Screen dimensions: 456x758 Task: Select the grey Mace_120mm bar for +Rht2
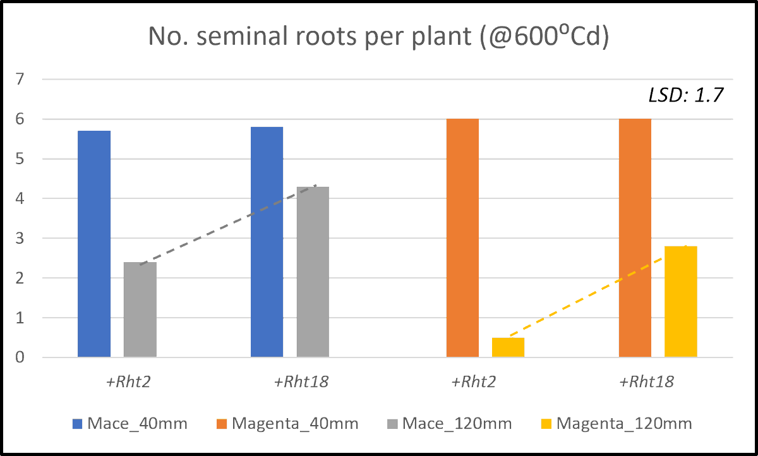click(x=140, y=309)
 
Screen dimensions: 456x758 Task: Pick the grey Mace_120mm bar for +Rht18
click(x=313, y=272)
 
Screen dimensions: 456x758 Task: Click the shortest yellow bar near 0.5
click(x=508, y=347)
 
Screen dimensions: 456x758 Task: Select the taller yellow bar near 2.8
click(x=680, y=301)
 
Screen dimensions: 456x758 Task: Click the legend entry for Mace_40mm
click(x=129, y=423)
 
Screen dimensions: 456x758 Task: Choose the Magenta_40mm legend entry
click(x=287, y=423)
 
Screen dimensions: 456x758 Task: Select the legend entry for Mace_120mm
click(x=449, y=423)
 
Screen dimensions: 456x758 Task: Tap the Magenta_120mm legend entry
click(x=616, y=423)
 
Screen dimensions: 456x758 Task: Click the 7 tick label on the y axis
click(x=20, y=80)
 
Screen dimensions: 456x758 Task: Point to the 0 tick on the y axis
click(x=20, y=358)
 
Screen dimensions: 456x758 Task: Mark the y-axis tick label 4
click(x=20, y=199)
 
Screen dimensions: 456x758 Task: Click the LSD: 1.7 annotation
click(x=685, y=95)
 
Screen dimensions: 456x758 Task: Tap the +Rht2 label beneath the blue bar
click(x=128, y=382)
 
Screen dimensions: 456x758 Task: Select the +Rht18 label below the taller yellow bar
click(x=646, y=382)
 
